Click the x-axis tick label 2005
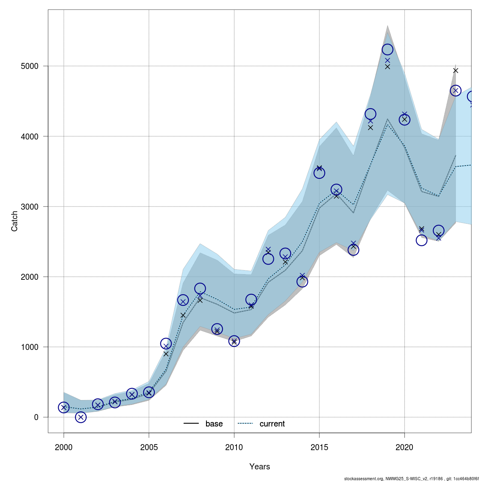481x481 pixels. tap(149, 447)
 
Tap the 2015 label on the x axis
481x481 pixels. tap(319, 447)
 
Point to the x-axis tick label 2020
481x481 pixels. tap(404, 447)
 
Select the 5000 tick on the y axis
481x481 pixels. tap(30, 66)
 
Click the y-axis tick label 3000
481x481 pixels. tap(30, 207)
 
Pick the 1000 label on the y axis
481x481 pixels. tap(30, 347)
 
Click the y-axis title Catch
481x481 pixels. tap(14, 221)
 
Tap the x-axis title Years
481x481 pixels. tap(260, 467)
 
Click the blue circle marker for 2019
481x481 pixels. tap(388, 49)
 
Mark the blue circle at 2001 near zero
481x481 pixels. tap(81, 417)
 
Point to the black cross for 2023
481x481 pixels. tap(455, 71)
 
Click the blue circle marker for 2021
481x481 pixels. tap(421, 240)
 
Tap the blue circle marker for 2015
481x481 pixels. tap(319, 173)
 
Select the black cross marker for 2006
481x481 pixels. tap(166, 354)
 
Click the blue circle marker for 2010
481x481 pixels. tap(234, 341)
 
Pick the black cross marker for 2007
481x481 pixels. tap(183, 315)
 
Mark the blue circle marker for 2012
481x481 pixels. tap(268, 259)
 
